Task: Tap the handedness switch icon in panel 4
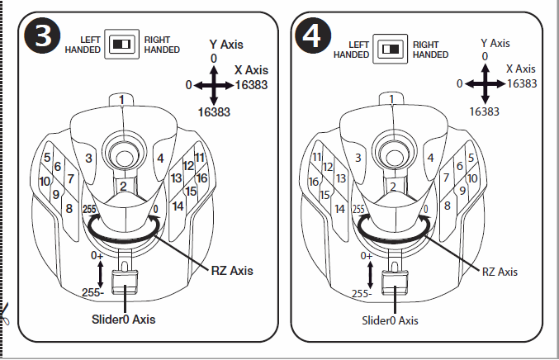(x=391, y=50)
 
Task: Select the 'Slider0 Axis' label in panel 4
(x=391, y=320)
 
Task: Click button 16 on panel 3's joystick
(x=201, y=178)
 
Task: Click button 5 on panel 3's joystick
(x=47, y=157)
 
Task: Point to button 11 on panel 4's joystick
(x=316, y=157)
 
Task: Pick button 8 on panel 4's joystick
(x=447, y=206)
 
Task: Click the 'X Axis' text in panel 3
(x=251, y=71)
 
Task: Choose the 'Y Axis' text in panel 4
(x=495, y=43)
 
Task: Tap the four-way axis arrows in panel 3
(x=214, y=84)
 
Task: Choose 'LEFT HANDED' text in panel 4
(x=352, y=50)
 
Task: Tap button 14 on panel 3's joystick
(x=178, y=206)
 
